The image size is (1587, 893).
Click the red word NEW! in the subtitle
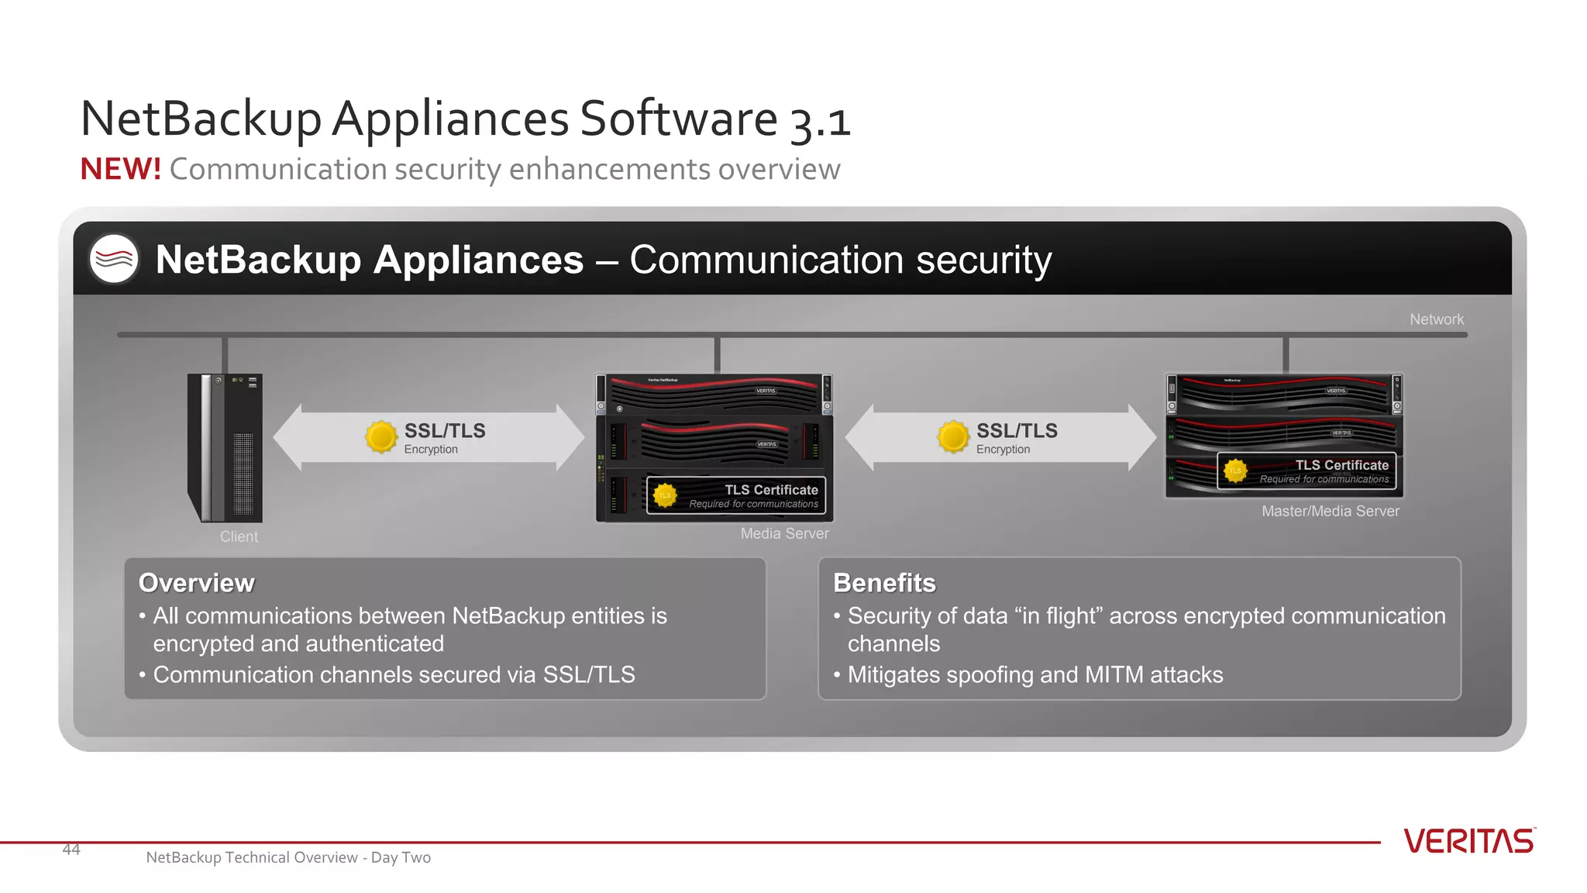[x=120, y=169]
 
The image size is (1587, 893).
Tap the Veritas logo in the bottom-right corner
[x=1468, y=841]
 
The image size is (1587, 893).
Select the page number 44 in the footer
[x=71, y=850]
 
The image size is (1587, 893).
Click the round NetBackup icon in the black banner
[x=114, y=259]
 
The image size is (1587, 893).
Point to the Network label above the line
[x=1436, y=319]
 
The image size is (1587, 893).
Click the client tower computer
[x=225, y=447]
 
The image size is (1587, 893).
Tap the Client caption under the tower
[x=239, y=536]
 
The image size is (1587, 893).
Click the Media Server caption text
[x=784, y=533]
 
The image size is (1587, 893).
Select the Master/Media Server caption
[x=1330, y=511]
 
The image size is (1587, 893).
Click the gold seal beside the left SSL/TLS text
[x=380, y=437]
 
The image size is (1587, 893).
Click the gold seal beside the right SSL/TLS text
[x=953, y=437]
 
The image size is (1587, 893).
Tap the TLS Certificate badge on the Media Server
[x=736, y=495]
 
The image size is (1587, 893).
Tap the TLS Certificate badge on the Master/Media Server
[x=1306, y=471]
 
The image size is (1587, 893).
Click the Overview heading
[x=196, y=583]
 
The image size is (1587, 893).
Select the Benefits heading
[x=884, y=583]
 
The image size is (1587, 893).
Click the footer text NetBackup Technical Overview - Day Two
[x=288, y=857]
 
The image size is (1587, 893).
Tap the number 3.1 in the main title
[x=820, y=122]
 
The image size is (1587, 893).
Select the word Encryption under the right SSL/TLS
[x=1003, y=450]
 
